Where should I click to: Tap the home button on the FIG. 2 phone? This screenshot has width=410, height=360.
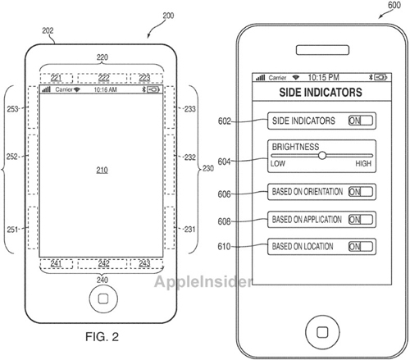point(103,298)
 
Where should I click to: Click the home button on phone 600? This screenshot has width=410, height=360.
point(322,332)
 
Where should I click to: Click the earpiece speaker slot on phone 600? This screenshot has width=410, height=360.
point(322,50)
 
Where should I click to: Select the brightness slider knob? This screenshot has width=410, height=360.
point(322,156)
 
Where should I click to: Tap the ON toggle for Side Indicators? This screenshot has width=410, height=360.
point(361,121)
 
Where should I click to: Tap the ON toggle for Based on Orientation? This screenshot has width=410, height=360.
point(361,192)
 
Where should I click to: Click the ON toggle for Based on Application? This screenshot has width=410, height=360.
point(361,219)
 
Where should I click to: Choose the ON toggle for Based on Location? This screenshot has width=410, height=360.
point(361,247)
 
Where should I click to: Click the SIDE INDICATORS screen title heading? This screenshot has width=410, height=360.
point(321,93)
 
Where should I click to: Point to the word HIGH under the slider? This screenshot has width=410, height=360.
point(363,163)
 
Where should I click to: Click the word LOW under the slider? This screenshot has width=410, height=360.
point(278,163)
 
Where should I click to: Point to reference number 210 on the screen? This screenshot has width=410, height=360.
point(102,170)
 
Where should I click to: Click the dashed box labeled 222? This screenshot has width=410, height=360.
point(102,78)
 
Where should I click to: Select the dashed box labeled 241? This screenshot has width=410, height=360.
point(57,264)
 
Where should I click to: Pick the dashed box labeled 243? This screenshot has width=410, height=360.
point(147,264)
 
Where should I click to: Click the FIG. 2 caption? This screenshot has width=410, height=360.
point(102,336)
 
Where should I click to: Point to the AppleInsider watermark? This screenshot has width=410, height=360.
point(203,281)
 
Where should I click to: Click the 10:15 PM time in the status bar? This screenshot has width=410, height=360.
point(323,77)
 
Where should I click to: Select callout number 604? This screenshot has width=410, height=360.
point(224,162)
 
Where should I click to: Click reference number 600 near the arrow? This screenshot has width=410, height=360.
point(394,5)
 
